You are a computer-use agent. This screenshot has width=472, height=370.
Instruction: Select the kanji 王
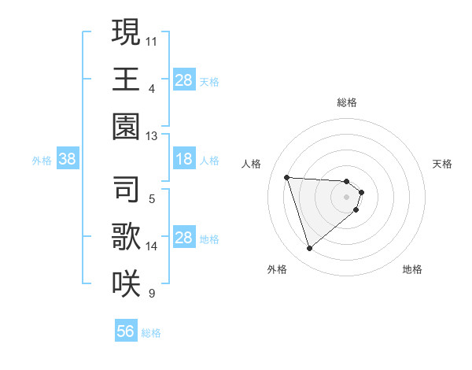click(x=126, y=80)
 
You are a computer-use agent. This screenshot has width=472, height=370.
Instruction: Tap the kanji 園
click(x=126, y=127)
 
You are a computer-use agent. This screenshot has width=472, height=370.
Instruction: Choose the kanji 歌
click(x=126, y=235)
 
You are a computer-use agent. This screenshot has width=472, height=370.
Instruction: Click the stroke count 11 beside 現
click(x=152, y=39)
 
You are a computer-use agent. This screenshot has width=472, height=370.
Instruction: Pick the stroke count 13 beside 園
click(x=152, y=135)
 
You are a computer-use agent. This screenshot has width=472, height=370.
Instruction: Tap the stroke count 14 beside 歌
click(x=152, y=246)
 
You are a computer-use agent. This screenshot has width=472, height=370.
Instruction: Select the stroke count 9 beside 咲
click(x=152, y=294)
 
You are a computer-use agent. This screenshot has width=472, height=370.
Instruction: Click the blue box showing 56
click(x=125, y=331)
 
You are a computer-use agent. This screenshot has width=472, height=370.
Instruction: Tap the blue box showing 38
click(x=68, y=159)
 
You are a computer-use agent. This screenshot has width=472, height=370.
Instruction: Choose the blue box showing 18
click(x=183, y=159)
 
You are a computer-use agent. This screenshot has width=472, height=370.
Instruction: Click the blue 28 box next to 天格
click(x=183, y=80)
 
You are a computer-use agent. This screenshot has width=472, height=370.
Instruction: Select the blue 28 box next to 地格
click(x=183, y=238)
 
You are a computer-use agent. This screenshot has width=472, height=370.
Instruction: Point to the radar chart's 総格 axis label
click(x=347, y=102)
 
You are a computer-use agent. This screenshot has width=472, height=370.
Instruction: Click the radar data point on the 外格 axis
click(x=309, y=249)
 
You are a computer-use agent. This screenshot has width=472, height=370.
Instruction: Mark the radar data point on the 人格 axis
click(x=286, y=177)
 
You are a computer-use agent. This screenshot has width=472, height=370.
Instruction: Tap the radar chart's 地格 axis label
click(x=412, y=269)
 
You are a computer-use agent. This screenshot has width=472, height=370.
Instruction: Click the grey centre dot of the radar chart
click(x=347, y=207)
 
